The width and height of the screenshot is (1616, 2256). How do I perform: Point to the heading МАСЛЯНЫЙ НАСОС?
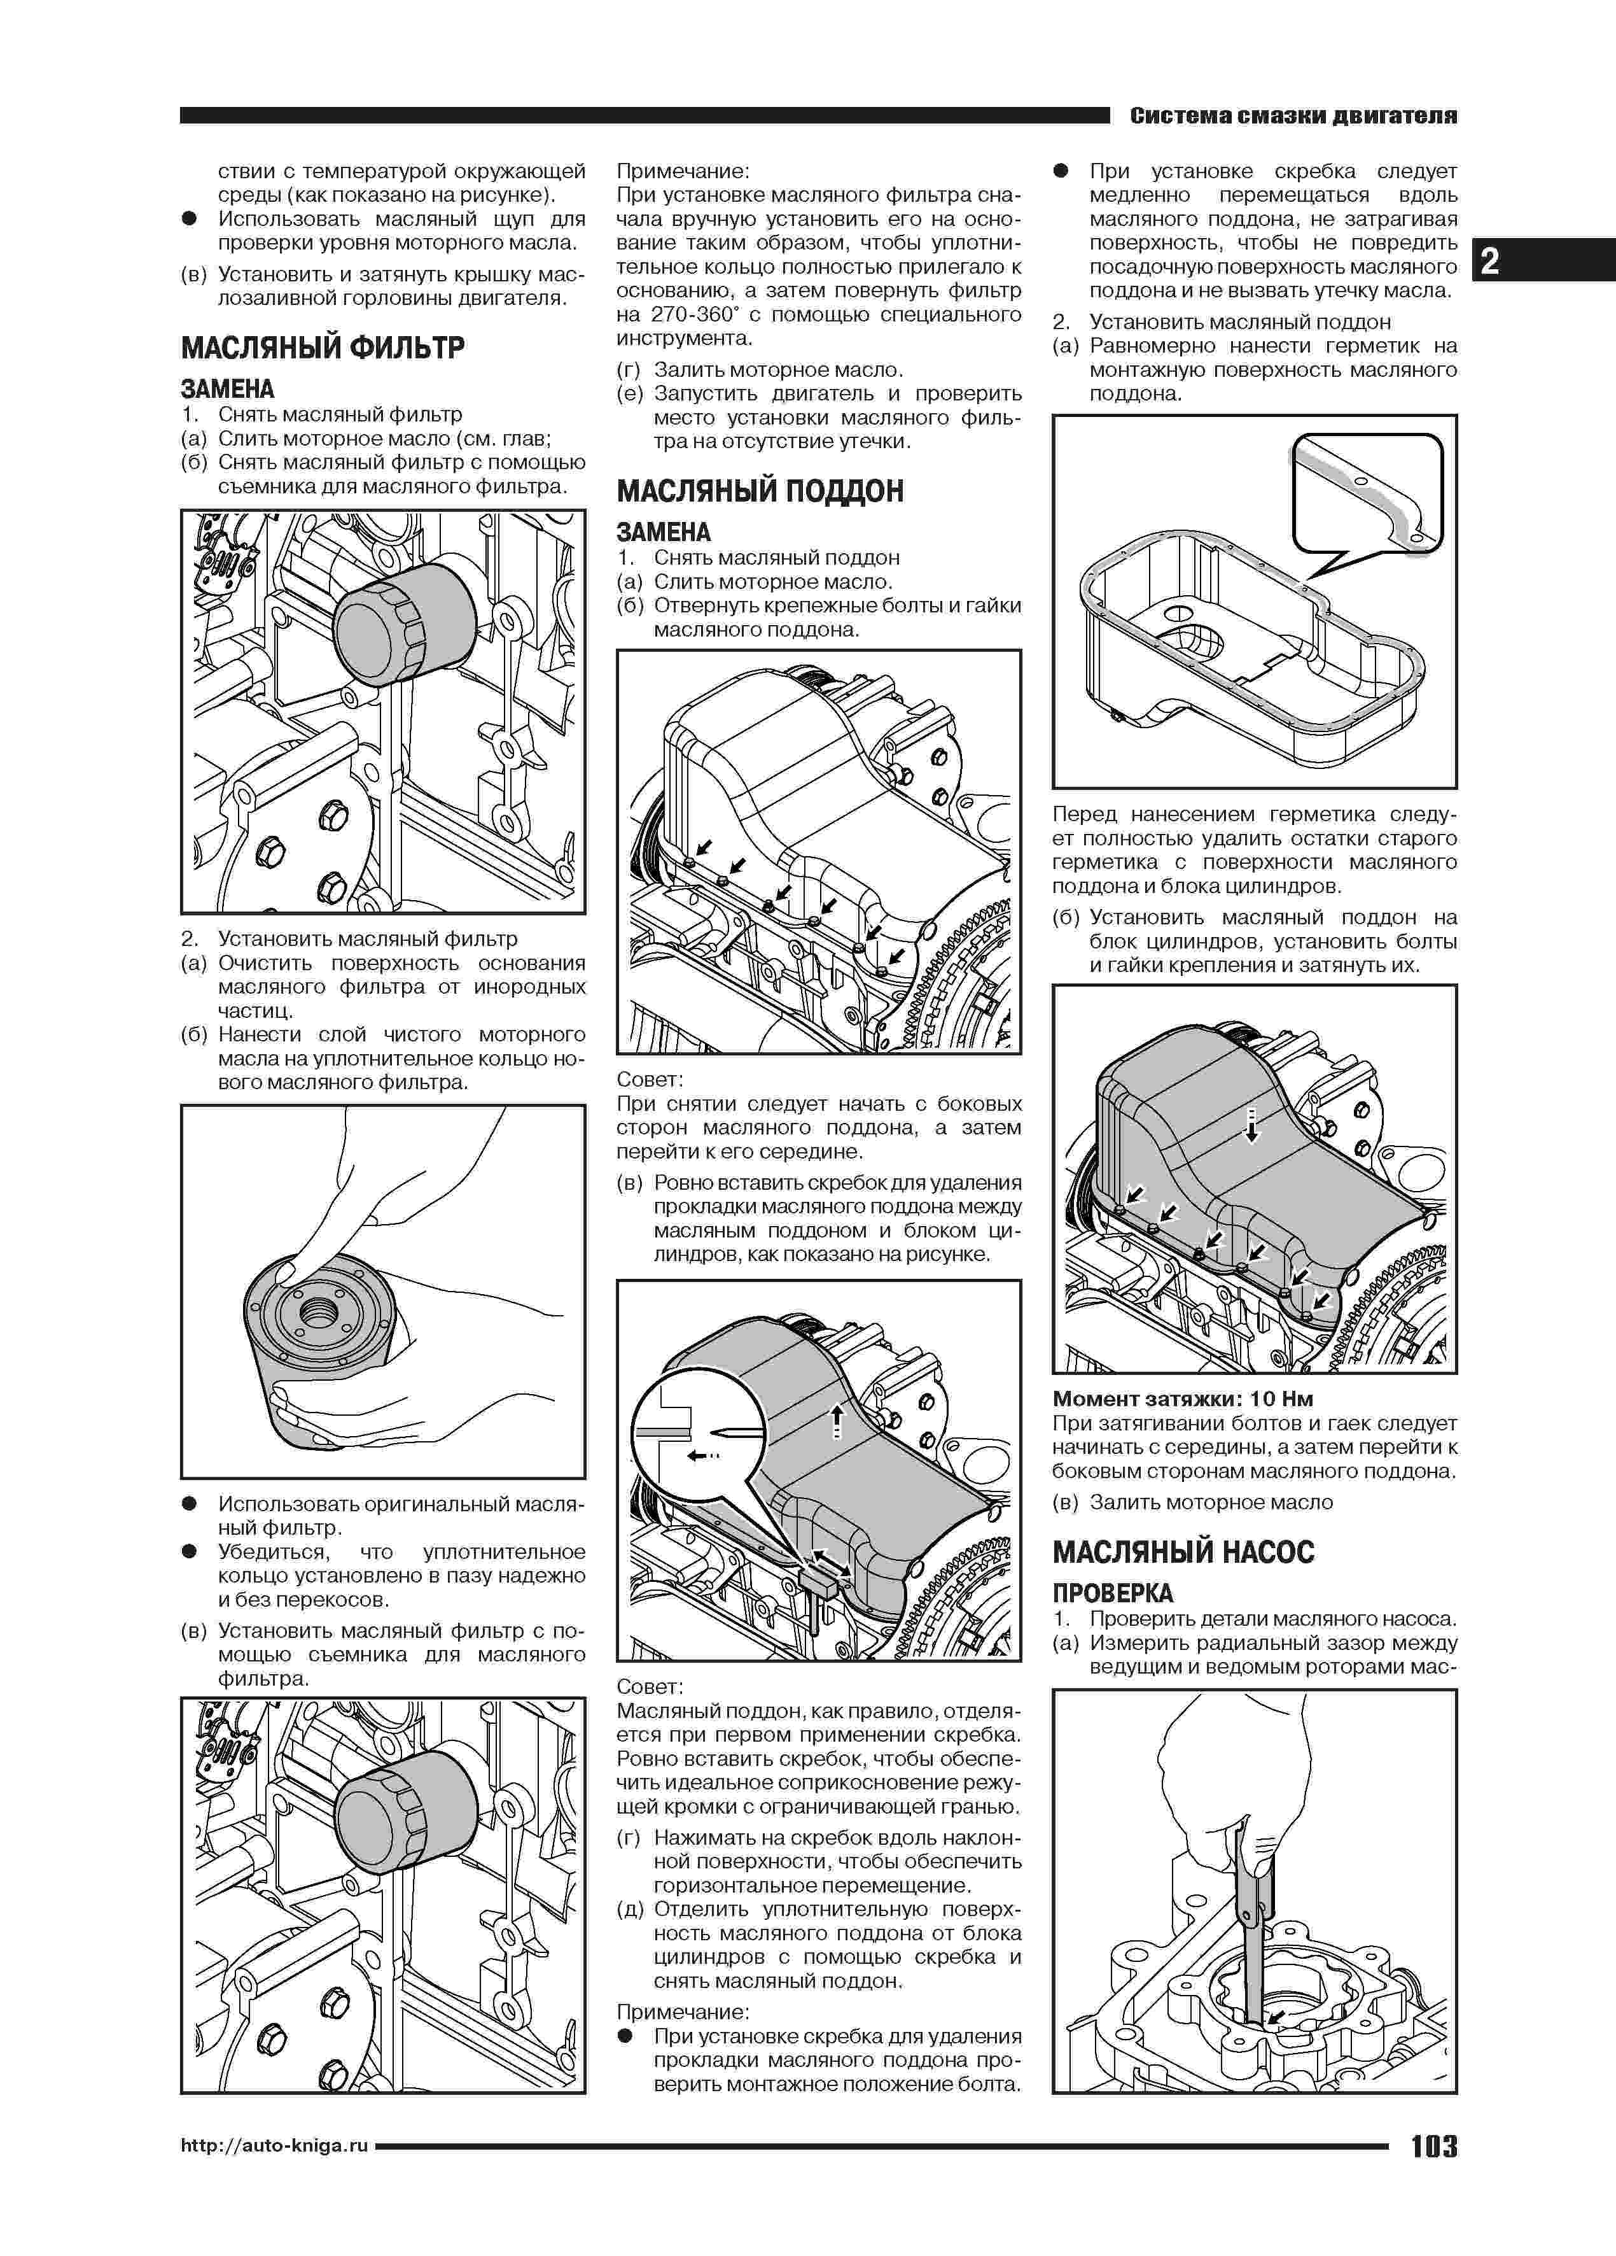coord(1183,1552)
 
